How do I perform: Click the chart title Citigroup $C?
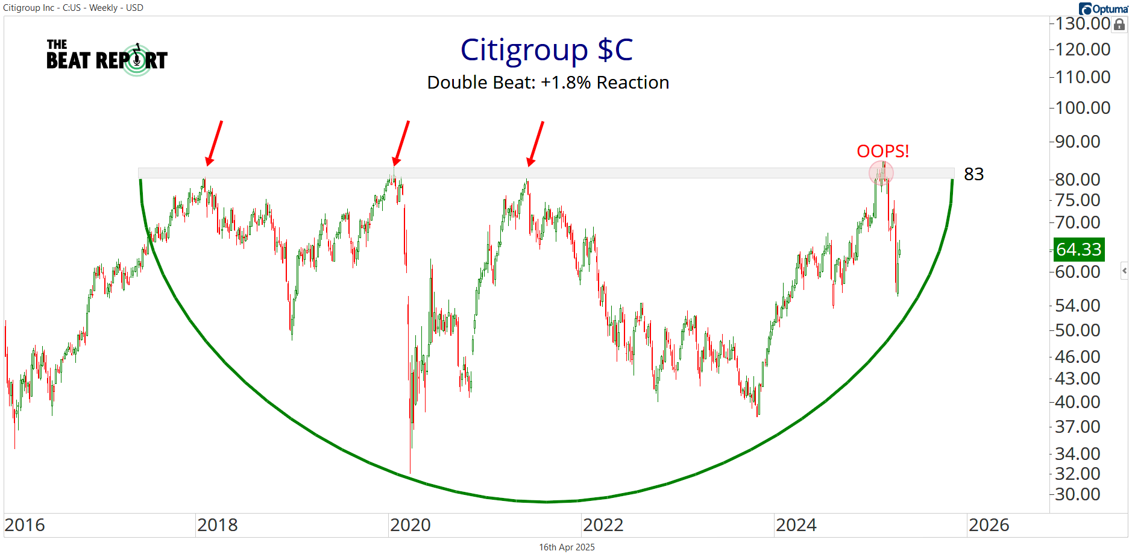[x=547, y=50]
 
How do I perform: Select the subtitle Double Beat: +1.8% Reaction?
[x=548, y=83]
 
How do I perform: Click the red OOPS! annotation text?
[x=882, y=151]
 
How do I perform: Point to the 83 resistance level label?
[x=973, y=174]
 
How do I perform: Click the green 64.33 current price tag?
[x=1078, y=249]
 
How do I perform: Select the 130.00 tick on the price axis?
[x=1083, y=24]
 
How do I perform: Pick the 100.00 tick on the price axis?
[x=1083, y=108]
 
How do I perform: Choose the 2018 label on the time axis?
[x=217, y=525]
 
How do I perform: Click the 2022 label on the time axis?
[x=603, y=525]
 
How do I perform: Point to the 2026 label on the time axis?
[x=989, y=525]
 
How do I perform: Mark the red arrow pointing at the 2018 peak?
[x=214, y=142]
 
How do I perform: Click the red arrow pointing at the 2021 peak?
[x=535, y=143]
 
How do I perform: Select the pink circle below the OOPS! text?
[x=881, y=174]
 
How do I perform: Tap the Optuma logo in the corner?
[x=1103, y=8]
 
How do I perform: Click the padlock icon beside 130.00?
[x=1119, y=25]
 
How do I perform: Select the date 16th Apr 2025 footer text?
[x=567, y=547]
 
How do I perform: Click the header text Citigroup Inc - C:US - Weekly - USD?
[x=73, y=8]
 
